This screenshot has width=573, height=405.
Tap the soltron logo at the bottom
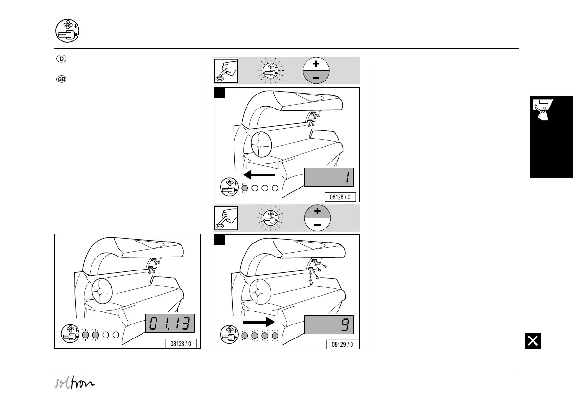[75, 383]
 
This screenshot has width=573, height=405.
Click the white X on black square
[533, 341]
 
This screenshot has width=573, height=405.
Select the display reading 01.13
[169, 323]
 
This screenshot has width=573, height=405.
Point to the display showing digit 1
[329, 177]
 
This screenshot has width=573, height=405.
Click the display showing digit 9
[329, 324]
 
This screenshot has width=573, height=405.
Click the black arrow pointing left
[259, 175]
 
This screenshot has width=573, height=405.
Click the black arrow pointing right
[259, 322]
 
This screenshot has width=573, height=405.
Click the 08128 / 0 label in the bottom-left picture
[181, 344]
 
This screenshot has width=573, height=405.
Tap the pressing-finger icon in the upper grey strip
[226, 70]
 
